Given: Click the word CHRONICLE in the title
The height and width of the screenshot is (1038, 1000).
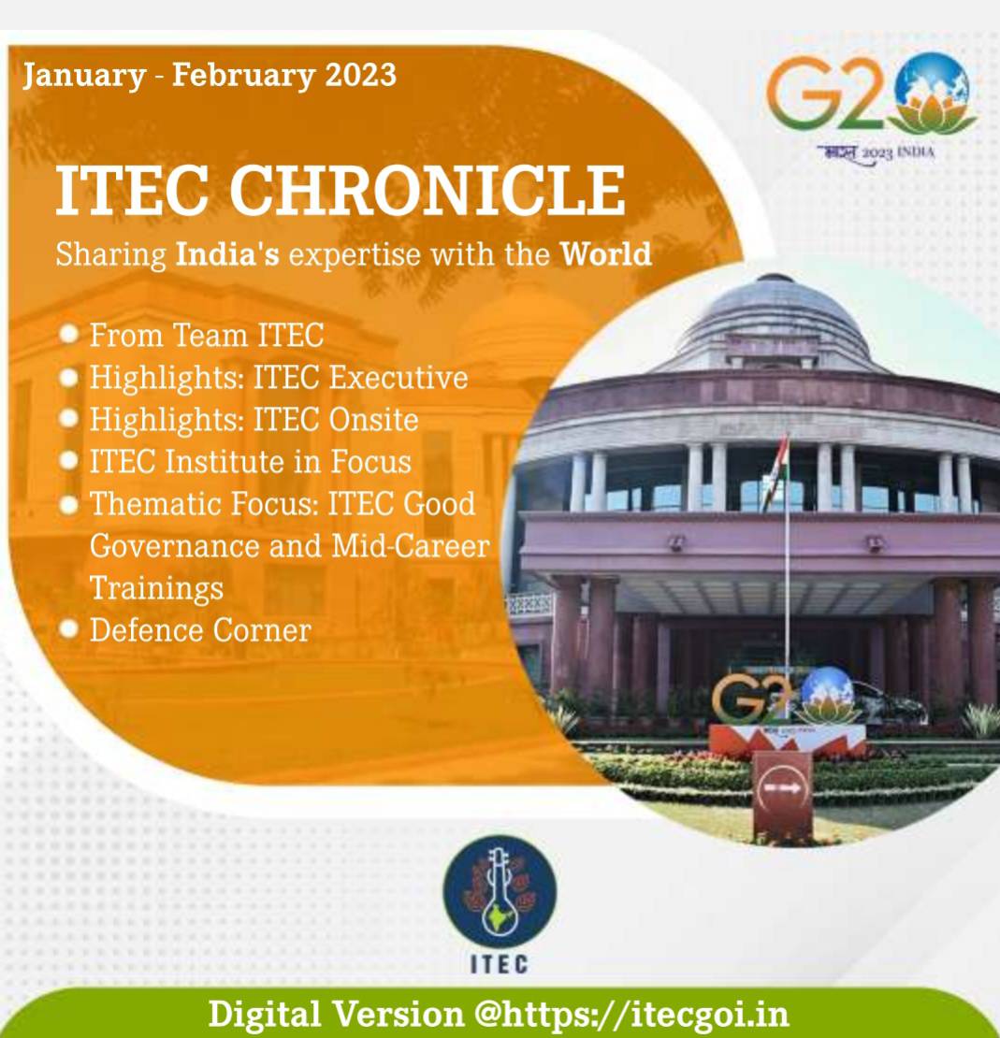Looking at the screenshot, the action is [x=428, y=190].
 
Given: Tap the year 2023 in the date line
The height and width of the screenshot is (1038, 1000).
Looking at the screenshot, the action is [x=360, y=74].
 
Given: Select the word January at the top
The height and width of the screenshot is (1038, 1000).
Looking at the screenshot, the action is [x=84, y=76].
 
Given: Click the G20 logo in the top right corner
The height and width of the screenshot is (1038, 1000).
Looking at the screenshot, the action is [x=872, y=106].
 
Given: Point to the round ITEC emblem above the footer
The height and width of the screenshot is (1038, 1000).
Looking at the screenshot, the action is [x=500, y=891].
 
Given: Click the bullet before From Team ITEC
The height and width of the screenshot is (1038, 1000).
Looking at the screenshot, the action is [x=69, y=334].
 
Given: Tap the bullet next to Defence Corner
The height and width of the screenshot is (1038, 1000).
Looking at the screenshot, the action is [x=69, y=628].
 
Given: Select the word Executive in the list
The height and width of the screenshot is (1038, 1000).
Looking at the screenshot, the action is [x=399, y=378].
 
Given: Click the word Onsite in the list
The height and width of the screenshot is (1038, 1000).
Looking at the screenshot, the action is [x=373, y=420].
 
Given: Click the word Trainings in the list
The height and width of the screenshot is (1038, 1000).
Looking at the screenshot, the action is [x=156, y=589].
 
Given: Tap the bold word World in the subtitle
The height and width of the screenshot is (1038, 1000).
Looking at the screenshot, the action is [x=606, y=254].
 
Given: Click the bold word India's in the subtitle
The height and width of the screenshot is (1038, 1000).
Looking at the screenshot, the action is [x=227, y=254].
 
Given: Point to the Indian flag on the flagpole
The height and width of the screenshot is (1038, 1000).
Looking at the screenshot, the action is [x=775, y=470].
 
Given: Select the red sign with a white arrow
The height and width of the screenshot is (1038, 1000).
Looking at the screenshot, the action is [x=783, y=794].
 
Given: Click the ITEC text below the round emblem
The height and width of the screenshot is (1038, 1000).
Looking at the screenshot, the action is [x=500, y=964].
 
